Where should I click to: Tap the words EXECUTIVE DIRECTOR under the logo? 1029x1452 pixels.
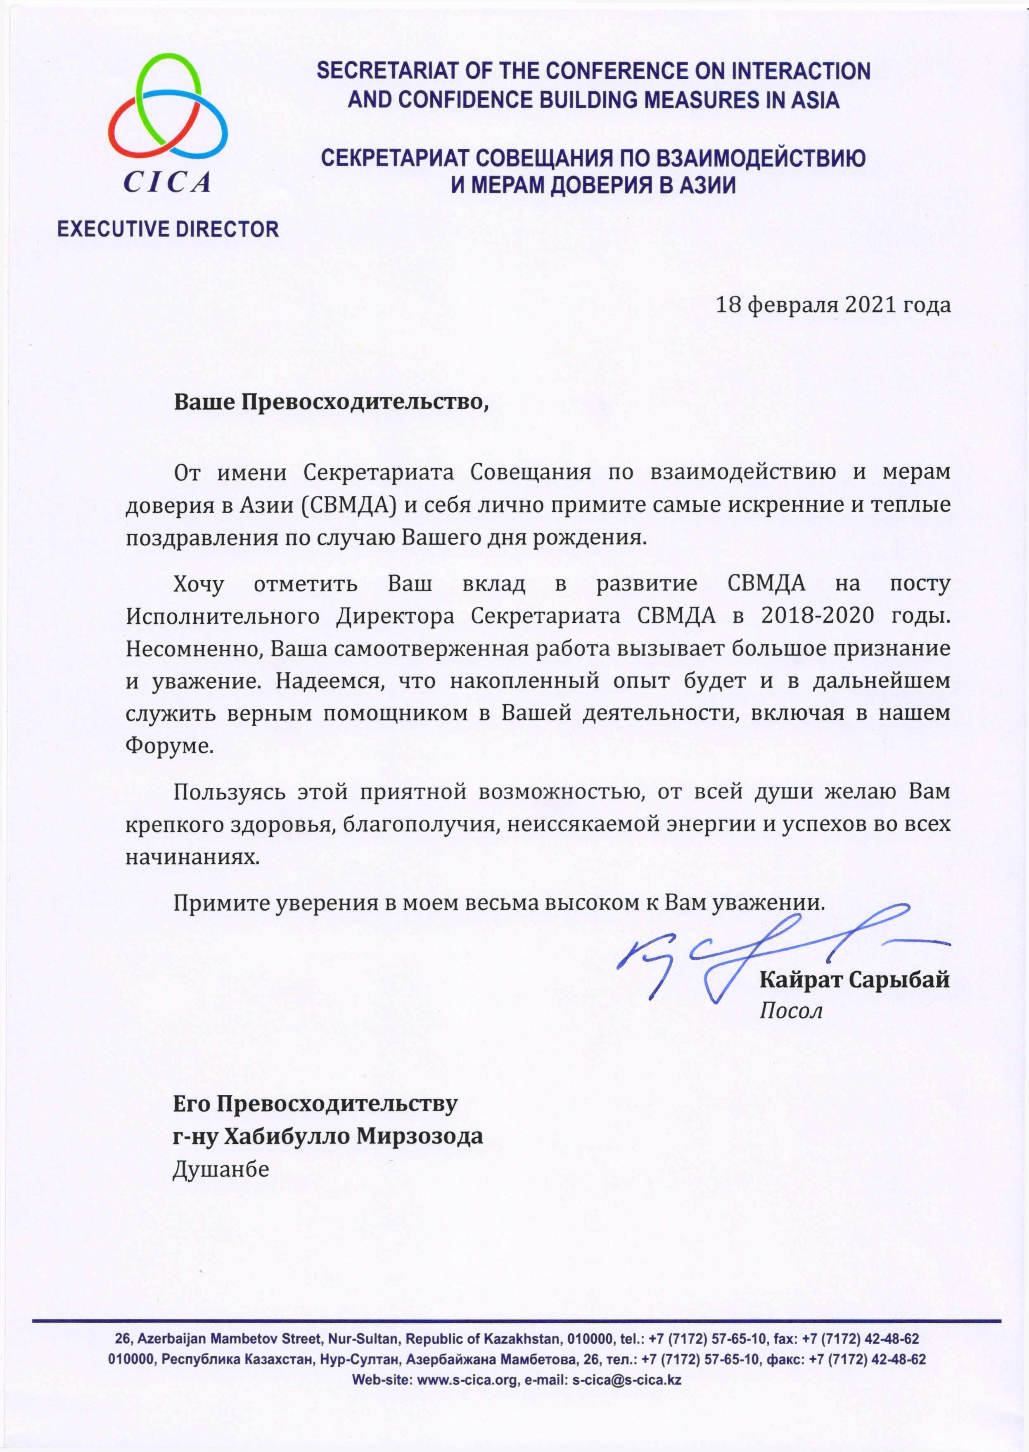[168, 229]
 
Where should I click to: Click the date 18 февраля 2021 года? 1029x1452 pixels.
[832, 305]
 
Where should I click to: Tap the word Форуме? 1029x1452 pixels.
[169, 746]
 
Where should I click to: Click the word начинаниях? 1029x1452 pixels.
[192, 857]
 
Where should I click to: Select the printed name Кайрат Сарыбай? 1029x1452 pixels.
[854, 980]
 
